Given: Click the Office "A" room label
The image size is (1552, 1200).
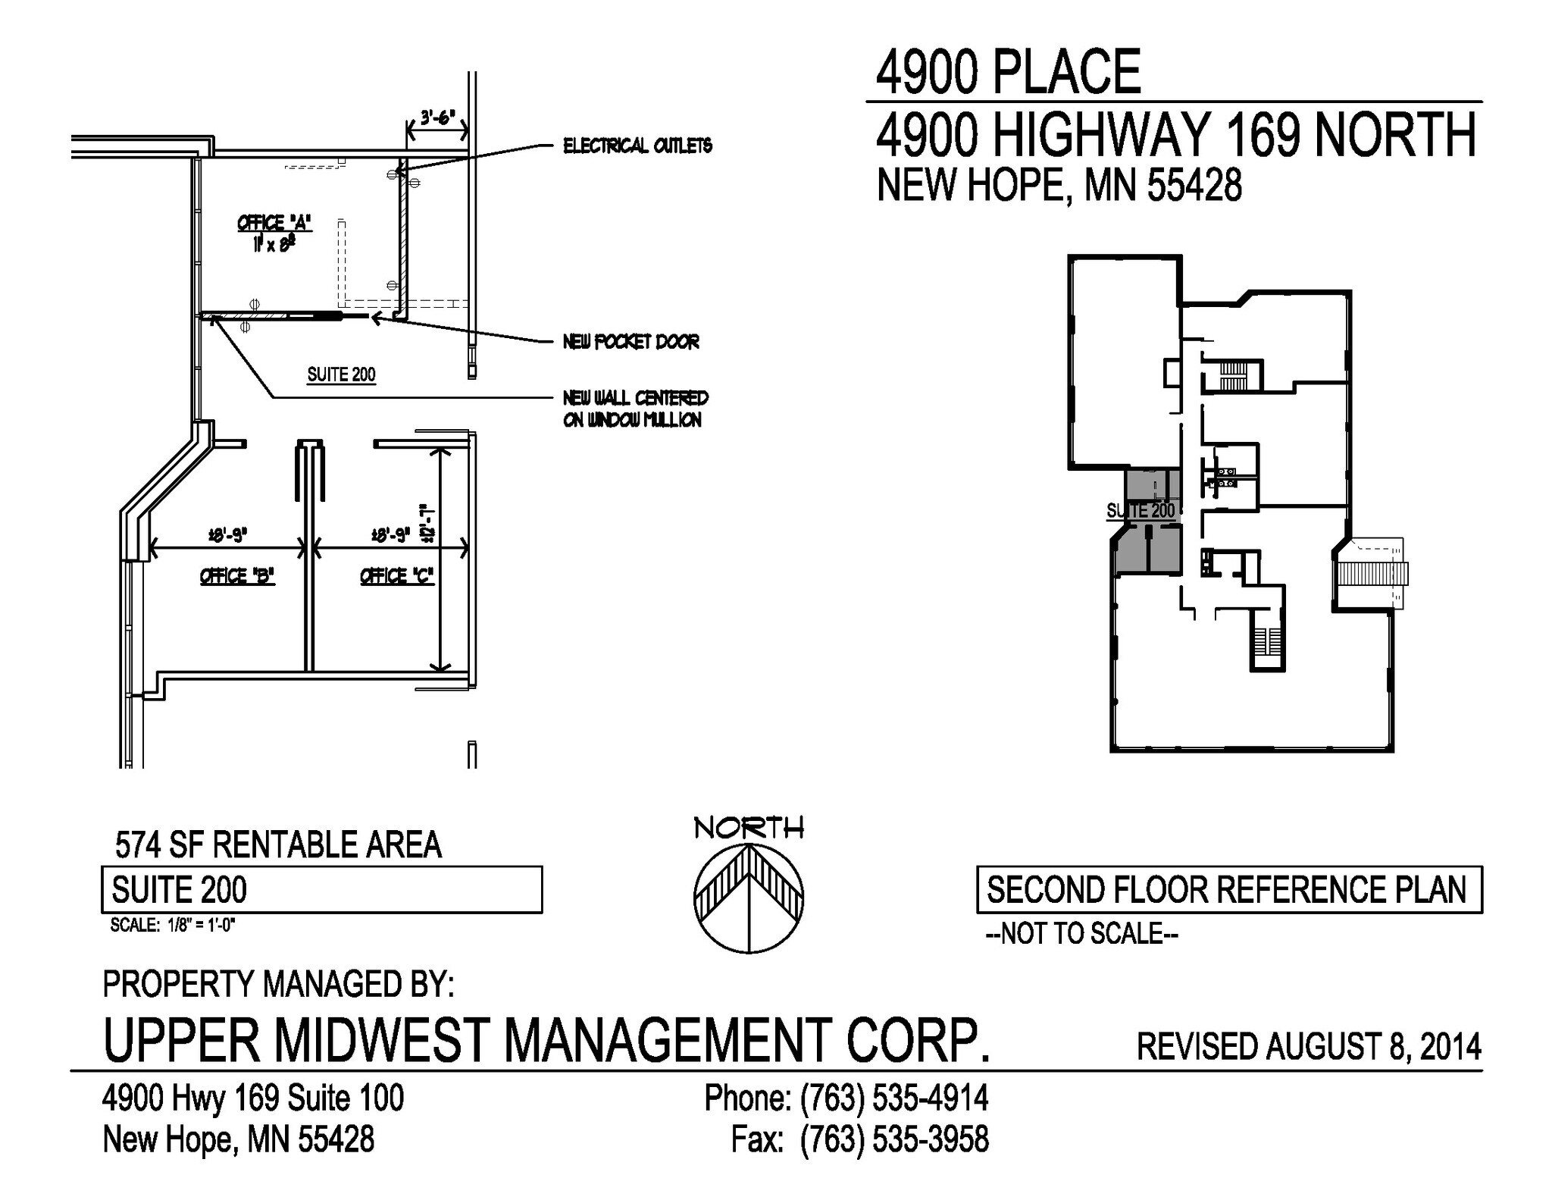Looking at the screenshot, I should point(274,224).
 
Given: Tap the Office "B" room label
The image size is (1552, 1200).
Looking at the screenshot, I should point(236,576).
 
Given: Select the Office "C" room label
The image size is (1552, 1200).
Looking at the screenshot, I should point(396,576).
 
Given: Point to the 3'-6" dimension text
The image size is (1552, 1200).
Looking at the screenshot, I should point(436,118).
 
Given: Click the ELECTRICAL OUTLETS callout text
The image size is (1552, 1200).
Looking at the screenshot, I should point(637,146).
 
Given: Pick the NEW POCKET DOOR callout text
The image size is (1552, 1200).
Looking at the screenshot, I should point(630,342).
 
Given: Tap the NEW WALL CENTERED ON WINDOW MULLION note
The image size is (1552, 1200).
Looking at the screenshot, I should point(635,409).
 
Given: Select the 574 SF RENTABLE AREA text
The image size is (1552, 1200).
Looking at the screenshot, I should point(278,844).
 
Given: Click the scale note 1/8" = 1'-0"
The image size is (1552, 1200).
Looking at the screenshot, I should point(173,926).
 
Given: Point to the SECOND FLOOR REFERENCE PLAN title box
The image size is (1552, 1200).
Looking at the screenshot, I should point(1228,890).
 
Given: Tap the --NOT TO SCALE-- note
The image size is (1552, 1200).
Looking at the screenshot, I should point(1081,934).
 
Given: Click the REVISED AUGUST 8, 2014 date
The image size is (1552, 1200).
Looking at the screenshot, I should point(1309,1047).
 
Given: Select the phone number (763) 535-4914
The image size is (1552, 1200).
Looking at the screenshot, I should point(894,1098).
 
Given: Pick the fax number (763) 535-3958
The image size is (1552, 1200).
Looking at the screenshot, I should point(894,1139).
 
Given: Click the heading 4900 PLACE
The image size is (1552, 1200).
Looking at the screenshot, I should point(1008,73).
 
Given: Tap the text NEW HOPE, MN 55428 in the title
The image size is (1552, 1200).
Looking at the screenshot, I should point(1059,185).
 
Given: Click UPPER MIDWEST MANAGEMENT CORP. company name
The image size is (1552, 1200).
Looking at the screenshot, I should point(546,1040).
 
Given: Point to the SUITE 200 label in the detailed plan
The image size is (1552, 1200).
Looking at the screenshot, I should point(341,374).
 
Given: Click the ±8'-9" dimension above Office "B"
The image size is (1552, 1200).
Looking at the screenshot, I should point(227,535).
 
